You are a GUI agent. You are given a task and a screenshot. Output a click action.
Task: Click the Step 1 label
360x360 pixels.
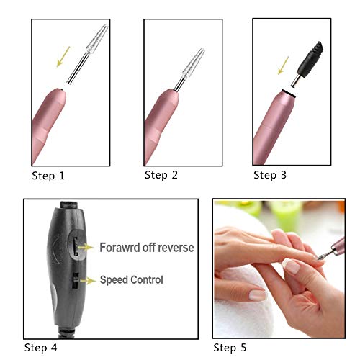48,175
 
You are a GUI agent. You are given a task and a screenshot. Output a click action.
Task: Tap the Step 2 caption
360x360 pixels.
160,175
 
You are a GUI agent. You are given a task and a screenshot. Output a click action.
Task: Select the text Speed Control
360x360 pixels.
131,279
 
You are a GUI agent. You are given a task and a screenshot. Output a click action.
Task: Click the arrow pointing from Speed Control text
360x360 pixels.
90,279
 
